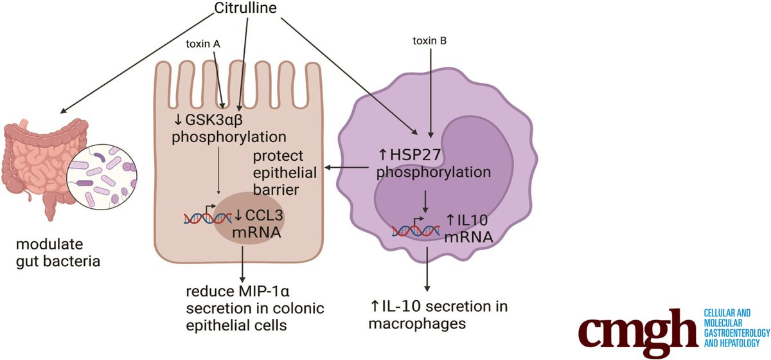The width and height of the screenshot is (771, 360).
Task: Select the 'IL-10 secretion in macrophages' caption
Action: [437, 314]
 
